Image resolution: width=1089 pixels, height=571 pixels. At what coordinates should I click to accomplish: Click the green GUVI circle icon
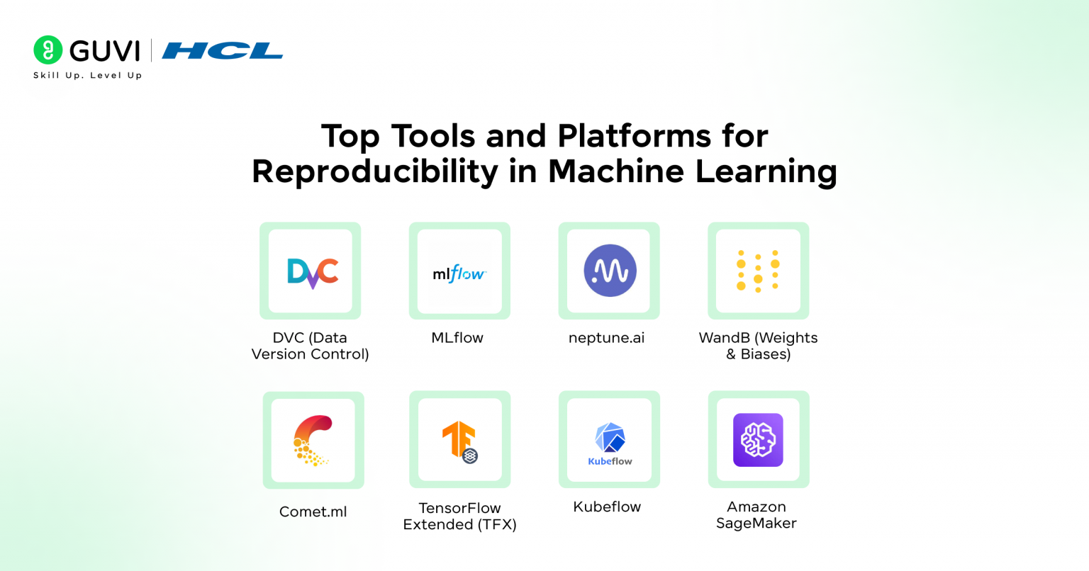(48, 50)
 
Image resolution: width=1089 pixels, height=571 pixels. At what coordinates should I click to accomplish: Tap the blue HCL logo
(223, 51)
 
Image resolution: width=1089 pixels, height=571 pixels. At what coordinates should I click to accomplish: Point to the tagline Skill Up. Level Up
(87, 75)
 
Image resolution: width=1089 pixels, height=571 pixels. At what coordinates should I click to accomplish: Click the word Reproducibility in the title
(375, 172)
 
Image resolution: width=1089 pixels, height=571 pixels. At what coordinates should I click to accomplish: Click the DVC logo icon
(312, 272)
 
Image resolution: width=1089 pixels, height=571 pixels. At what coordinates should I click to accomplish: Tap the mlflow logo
(459, 273)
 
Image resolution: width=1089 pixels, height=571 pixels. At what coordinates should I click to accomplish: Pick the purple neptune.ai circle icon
(610, 271)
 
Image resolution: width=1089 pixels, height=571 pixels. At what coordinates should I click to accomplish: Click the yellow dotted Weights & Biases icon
(758, 271)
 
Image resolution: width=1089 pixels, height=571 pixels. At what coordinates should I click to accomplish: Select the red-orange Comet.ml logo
(313, 440)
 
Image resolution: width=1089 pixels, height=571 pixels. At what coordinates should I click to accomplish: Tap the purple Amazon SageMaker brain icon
(758, 440)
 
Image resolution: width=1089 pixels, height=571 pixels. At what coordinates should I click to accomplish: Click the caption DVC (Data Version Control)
(310, 346)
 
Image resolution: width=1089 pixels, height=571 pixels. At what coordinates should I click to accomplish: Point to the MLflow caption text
(457, 338)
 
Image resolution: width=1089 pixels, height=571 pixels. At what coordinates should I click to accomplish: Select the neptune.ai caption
(607, 338)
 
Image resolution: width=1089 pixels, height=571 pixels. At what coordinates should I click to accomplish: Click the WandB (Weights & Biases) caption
(758, 346)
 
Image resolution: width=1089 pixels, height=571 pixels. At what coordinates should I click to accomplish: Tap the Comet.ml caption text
(313, 511)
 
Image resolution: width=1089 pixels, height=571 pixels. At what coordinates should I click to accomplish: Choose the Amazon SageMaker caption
(756, 515)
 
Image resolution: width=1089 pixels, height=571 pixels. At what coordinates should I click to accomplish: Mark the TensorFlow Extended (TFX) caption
(459, 516)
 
